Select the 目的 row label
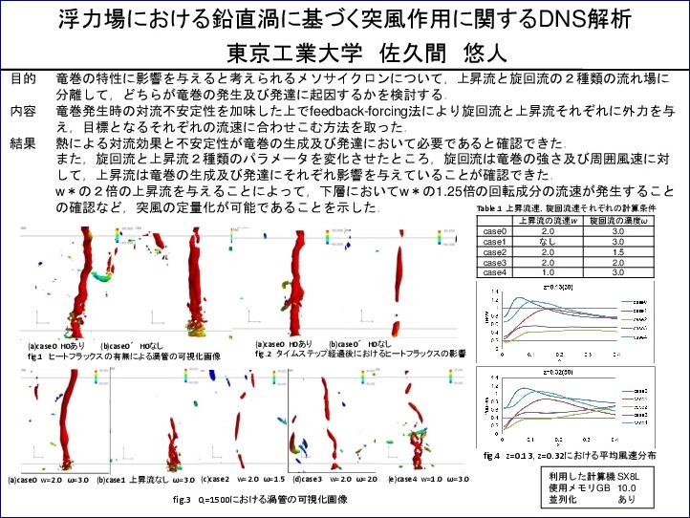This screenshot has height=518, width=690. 23,76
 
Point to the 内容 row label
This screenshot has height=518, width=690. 23,110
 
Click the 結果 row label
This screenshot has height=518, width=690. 23,142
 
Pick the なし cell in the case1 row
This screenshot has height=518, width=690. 549,242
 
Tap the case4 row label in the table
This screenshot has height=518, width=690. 493,272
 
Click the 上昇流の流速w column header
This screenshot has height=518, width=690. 549,221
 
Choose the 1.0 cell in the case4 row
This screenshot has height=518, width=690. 549,272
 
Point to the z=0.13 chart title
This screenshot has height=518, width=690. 557,286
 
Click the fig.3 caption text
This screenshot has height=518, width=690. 258,499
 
